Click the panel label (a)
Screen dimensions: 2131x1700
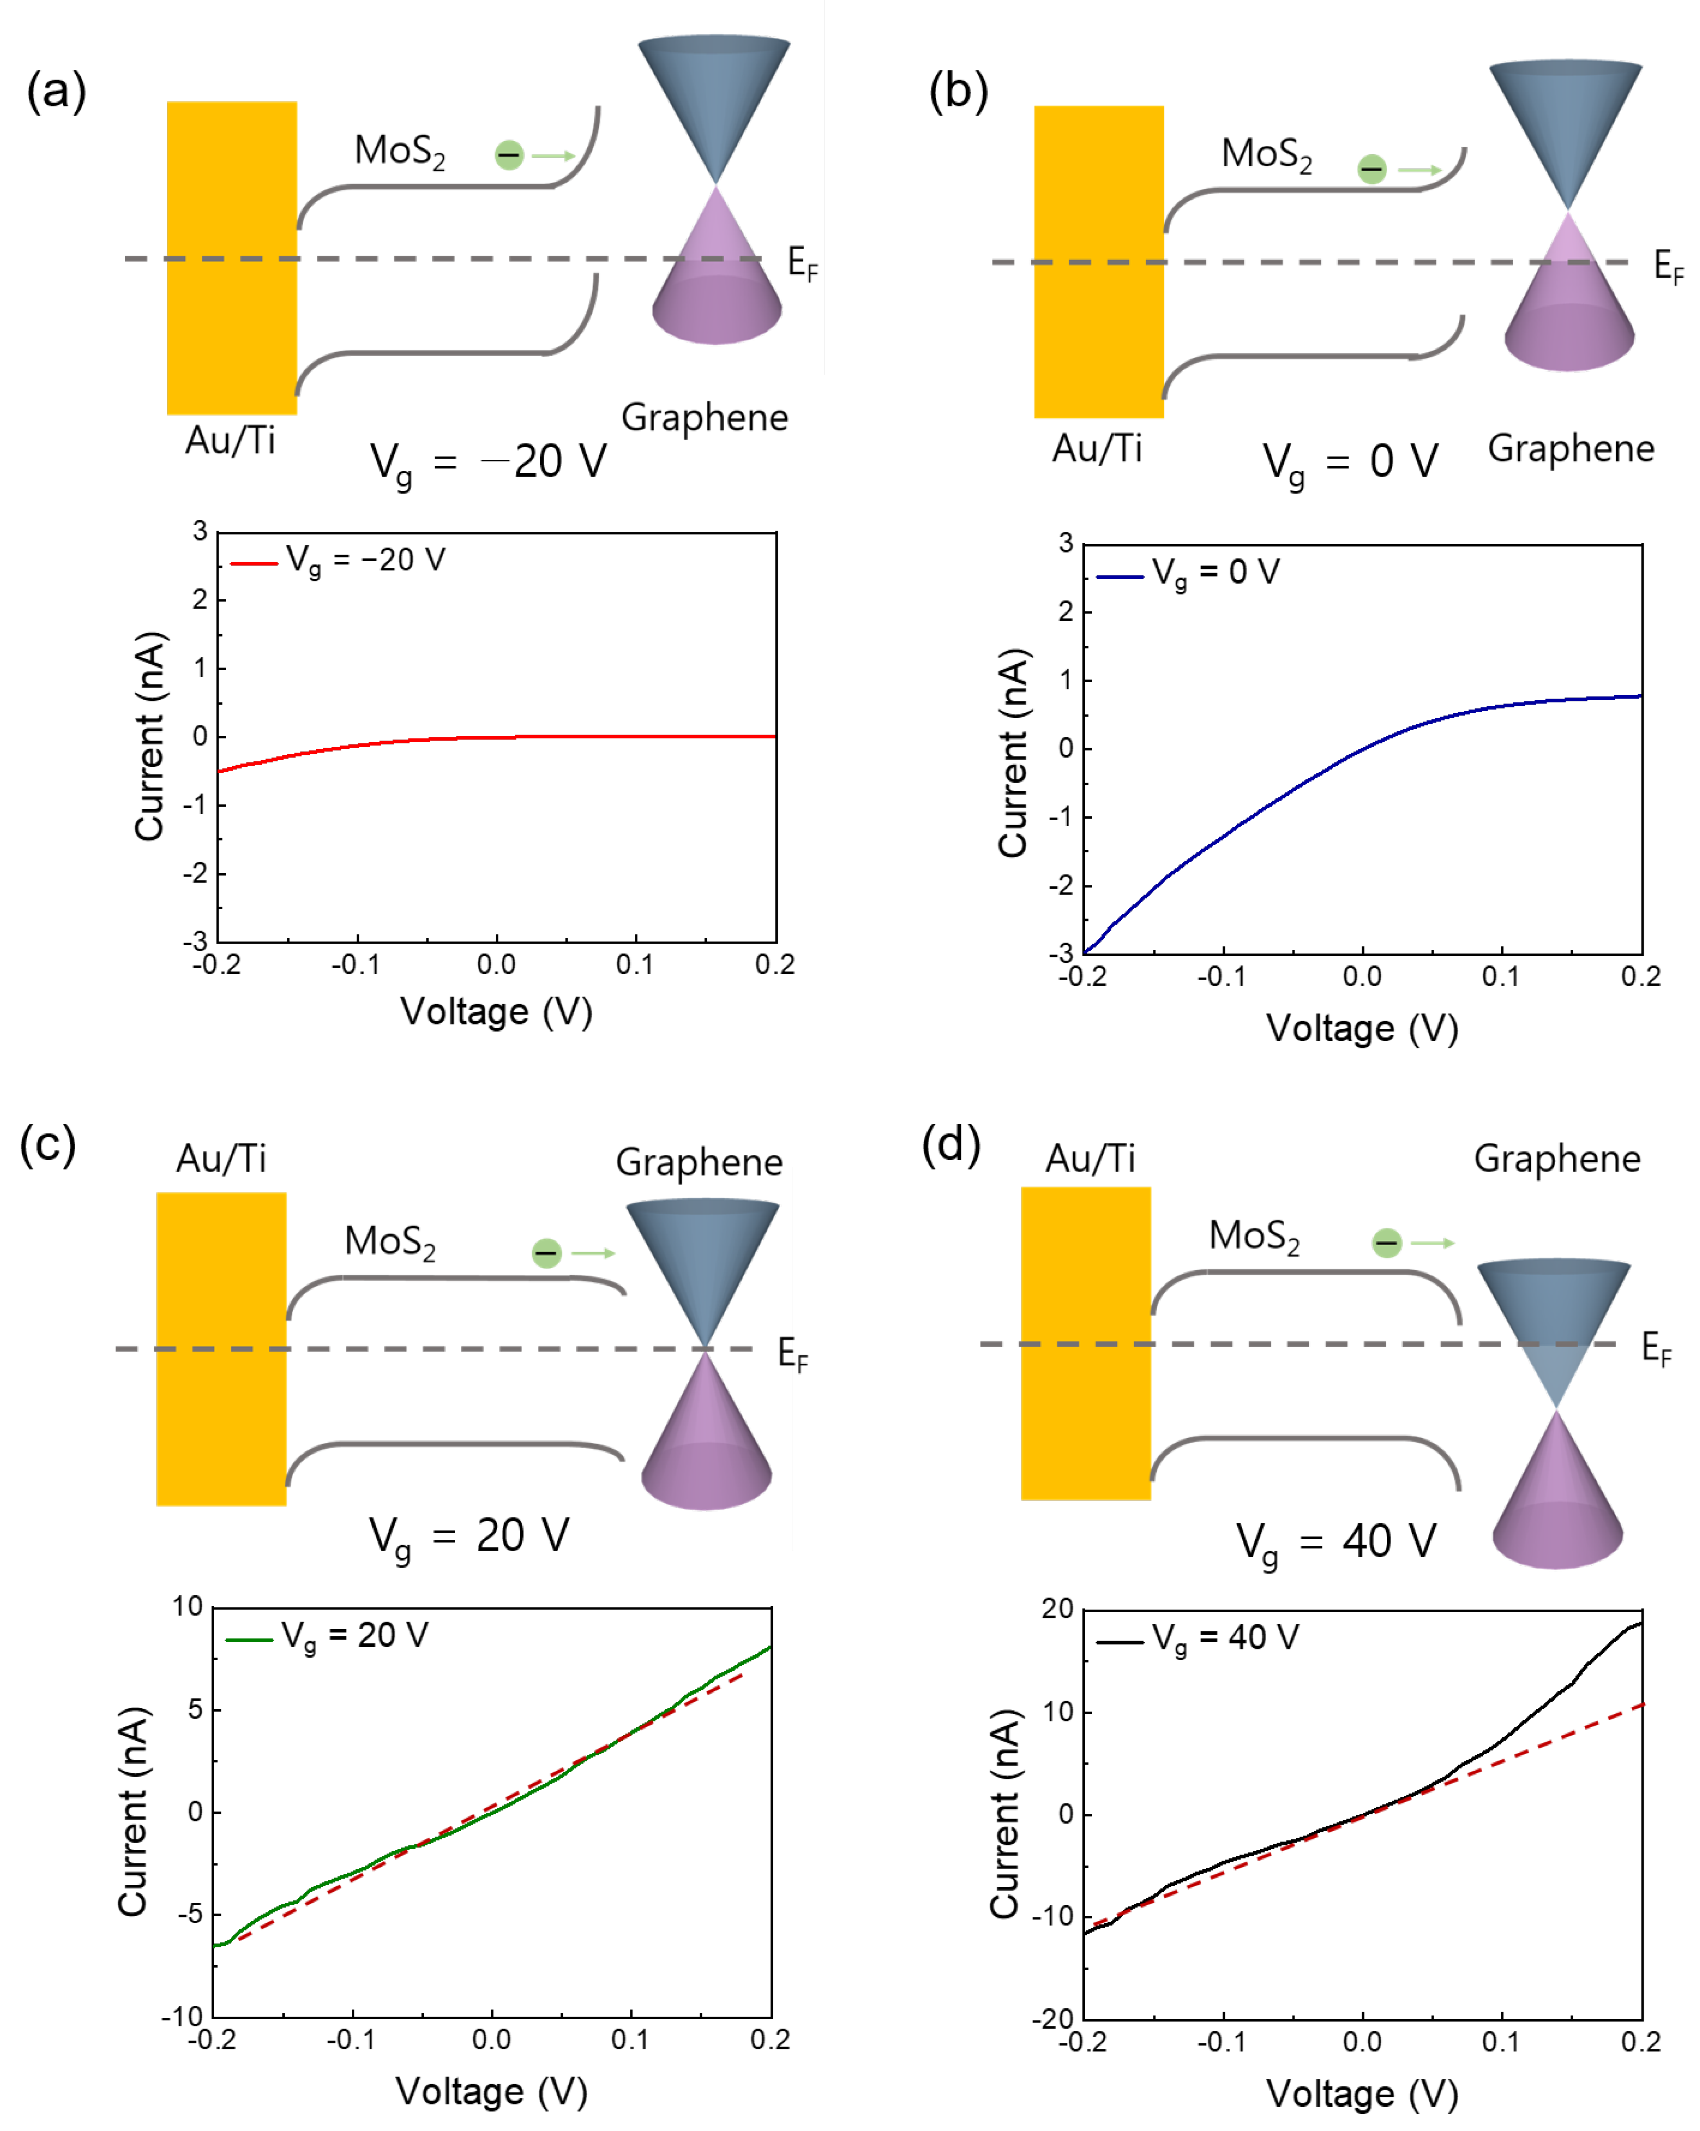point(57,91)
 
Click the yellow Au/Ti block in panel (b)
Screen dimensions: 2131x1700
point(1098,262)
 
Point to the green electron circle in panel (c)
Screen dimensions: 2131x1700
point(547,1253)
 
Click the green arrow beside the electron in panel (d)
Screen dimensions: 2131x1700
point(1432,1242)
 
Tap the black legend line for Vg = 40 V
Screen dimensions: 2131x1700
point(1120,1643)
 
